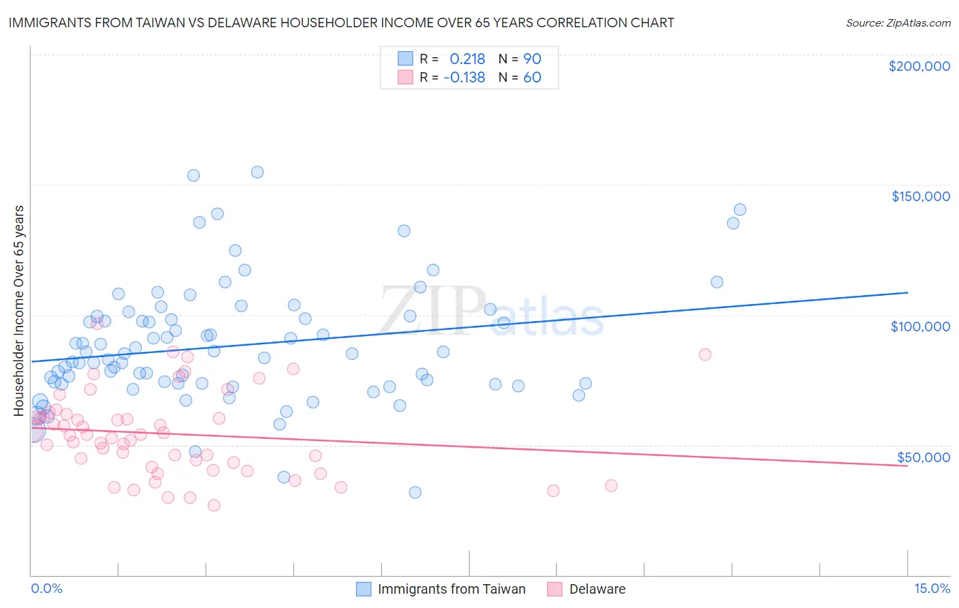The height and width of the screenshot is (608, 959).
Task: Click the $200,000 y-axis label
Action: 919,66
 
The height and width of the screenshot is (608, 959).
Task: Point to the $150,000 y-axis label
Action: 920,196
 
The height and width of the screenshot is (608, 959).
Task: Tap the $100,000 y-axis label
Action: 920,326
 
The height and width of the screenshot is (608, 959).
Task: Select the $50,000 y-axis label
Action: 923,457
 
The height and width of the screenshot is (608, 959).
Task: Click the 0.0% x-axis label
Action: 46,589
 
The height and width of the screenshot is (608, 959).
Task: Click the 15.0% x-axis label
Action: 932,589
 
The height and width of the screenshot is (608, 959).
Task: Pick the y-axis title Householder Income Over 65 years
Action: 19,310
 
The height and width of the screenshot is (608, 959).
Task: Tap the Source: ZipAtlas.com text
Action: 898,23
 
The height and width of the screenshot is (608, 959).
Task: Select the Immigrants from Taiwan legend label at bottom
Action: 452,590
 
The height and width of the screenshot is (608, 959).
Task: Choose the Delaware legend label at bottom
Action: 597,590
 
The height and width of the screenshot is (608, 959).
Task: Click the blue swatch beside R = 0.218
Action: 405,59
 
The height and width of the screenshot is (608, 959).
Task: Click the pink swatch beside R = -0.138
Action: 405,77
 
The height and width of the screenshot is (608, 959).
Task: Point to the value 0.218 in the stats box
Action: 467,59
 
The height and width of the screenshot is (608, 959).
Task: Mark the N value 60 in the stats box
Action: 532,77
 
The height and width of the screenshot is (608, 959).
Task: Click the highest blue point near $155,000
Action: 257,172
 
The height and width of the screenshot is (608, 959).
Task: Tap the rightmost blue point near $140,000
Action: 740,210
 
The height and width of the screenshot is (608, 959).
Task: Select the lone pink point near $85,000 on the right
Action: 705,354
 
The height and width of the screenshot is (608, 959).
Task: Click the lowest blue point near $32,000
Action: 415,492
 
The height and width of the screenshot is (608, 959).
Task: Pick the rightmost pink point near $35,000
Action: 611,486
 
